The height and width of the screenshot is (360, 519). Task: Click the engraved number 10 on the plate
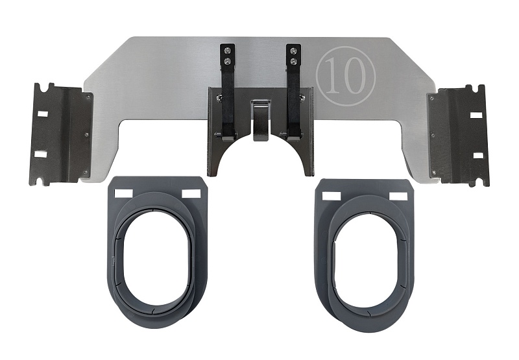[345, 76]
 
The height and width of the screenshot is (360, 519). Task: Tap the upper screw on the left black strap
[228, 51]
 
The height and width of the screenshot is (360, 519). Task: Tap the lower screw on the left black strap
[228, 60]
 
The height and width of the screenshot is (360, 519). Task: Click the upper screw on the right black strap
[293, 51]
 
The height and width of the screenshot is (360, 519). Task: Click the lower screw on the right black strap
[293, 61]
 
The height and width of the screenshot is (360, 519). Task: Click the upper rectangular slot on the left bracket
[43, 114]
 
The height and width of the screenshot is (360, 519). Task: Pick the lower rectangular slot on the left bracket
[40, 154]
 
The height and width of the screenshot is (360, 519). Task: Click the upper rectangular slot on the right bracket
[477, 115]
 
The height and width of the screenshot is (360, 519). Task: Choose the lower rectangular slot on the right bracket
[478, 155]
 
